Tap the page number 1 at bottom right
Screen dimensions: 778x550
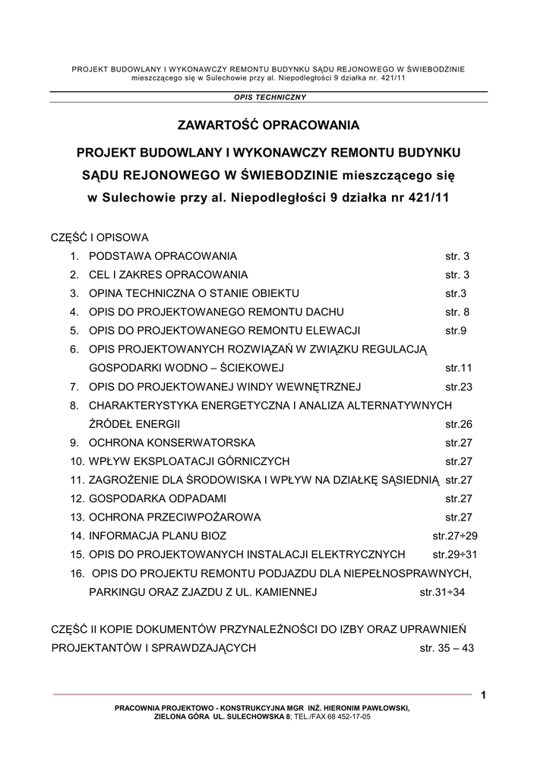[482, 693]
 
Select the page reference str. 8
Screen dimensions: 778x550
[457, 312]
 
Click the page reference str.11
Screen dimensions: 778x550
[459, 368]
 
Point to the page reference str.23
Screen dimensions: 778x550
[459, 387]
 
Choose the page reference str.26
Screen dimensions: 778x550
[459, 423]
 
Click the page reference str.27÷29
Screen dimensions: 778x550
[455, 536]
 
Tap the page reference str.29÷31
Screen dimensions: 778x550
[455, 554]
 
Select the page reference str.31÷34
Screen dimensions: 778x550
[442, 592]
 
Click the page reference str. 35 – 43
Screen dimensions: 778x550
[447, 648]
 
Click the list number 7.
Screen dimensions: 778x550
[74, 387]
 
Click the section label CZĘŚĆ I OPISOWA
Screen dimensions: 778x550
[99, 237]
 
